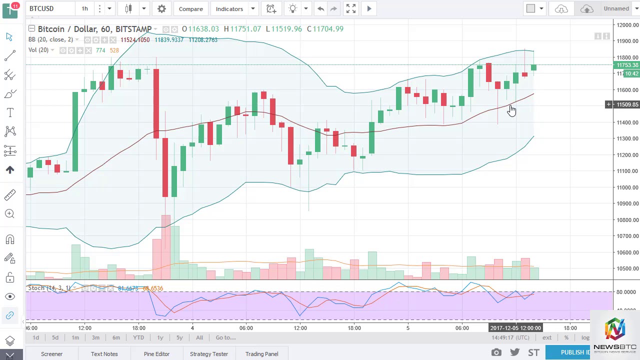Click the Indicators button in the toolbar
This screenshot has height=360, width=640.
[x=229, y=9]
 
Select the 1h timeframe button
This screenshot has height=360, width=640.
[x=84, y=9]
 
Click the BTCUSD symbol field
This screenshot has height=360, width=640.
[x=41, y=8]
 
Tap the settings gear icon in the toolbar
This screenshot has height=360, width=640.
[x=161, y=9]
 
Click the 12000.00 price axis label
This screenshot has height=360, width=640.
[x=627, y=25]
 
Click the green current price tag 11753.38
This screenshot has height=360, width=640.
[x=627, y=65]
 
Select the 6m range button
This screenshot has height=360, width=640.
[x=116, y=337]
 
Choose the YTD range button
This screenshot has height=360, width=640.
[x=138, y=337]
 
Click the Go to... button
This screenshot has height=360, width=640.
[x=225, y=337]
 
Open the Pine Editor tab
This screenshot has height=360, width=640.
[x=156, y=354]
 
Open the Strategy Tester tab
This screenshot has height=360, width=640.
[x=208, y=354]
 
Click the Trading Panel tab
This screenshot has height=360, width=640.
[x=261, y=354]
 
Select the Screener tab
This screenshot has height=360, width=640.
[x=51, y=354]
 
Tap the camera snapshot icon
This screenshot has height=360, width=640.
[x=496, y=352]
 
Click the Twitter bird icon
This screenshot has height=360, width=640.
[x=514, y=352]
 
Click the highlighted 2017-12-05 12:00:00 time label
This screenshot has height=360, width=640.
[x=515, y=328]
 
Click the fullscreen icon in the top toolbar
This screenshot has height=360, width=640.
[x=351, y=8]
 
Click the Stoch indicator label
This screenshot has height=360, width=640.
[x=36, y=288]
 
